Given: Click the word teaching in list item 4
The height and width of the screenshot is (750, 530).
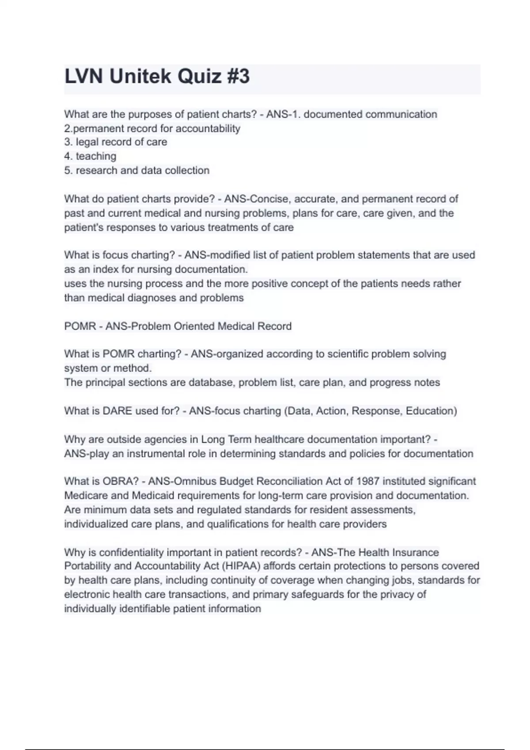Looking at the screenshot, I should point(96,156).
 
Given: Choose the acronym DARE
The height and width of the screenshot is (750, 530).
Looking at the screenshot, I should point(117,411).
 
